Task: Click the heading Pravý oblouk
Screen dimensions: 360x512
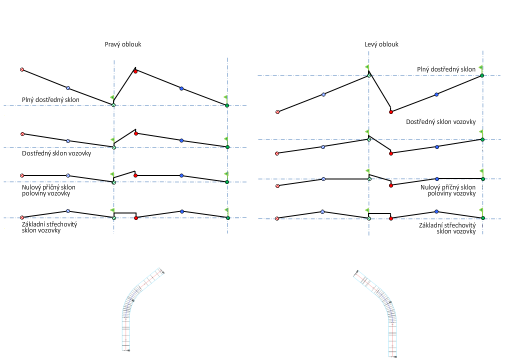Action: [x=123, y=44]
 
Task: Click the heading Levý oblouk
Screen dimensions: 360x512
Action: [x=381, y=44]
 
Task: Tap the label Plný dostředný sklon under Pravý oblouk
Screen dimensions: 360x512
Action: [x=50, y=100]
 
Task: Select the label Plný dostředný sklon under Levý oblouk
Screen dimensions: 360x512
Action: [x=446, y=69]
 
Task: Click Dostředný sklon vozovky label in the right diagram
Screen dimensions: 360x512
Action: [x=440, y=122]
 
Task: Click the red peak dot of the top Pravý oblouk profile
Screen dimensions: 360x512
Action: [x=135, y=71]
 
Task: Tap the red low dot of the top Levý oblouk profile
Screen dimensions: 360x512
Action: [x=391, y=111]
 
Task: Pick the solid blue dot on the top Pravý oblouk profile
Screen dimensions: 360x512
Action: [x=181, y=88]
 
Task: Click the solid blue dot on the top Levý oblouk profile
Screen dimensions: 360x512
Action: [x=436, y=94]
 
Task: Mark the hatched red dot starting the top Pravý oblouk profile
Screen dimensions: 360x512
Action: [x=22, y=69]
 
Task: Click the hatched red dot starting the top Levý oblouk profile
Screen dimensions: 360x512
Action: [x=277, y=112]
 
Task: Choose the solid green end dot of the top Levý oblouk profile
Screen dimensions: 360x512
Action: [x=482, y=75]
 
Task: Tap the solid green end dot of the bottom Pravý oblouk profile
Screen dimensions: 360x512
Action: [x=227, y=218]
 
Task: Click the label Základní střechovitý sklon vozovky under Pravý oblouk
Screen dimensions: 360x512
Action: [x=49, y=227]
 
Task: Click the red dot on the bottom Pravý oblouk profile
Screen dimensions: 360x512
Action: [x=136, y=218]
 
